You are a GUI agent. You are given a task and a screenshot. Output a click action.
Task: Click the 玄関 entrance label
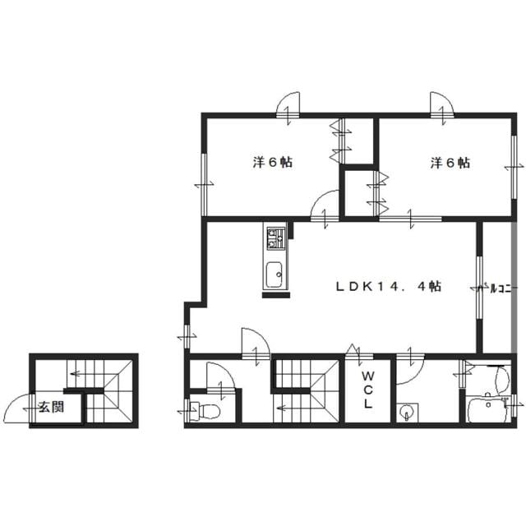pos(51,408)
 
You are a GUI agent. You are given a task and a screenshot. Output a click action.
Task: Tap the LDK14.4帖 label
pos(389,287)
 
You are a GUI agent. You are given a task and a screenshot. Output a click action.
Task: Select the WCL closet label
pos(368,390)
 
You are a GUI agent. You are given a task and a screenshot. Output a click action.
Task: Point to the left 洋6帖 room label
pos(272,163)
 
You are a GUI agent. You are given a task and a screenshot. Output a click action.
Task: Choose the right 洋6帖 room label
pos(450,163)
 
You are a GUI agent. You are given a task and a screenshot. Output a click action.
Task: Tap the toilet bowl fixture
pos(205,411)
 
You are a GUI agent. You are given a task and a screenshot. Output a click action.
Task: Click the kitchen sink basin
pos(275,275)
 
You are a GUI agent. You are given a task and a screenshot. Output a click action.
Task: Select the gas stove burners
pos(276,238)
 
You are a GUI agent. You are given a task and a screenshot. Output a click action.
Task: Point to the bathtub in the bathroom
pos(487,409)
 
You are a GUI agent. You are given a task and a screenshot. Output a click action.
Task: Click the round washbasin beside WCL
pos(407,412)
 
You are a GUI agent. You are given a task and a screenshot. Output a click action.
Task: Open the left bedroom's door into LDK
pos(324,204)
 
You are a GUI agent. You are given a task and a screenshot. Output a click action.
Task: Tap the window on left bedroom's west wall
pos(204,185)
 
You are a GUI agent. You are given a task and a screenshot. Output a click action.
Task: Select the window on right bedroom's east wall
pos(513,167)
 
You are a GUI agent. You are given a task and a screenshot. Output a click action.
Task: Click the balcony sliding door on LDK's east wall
pos(479,288)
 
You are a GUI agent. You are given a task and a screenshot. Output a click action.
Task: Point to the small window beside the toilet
pos(187,411)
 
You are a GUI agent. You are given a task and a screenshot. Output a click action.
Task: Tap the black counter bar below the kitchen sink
pos(276,295)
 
